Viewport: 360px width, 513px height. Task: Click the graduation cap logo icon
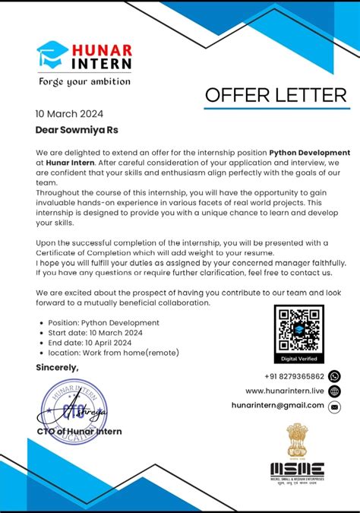tap(52, 55)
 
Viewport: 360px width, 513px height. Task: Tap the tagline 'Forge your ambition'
tap(84, 81)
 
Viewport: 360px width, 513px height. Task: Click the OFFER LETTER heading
tap(275, 95)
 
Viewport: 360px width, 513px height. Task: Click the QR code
tap(298, 329)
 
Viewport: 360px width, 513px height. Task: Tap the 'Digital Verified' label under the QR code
tap(298, 359)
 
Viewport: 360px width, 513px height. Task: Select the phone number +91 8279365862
tap(294, 376)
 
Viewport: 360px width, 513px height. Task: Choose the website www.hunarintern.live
tap(284, 391)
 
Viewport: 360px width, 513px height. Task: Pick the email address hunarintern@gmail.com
tap(277, 406)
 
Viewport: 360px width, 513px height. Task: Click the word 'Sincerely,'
tap(57, 368)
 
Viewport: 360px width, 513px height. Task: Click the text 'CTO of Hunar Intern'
tap(79, 432)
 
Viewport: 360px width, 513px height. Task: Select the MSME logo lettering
tap(297, 469)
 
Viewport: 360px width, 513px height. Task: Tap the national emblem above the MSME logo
tap(297, 439)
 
